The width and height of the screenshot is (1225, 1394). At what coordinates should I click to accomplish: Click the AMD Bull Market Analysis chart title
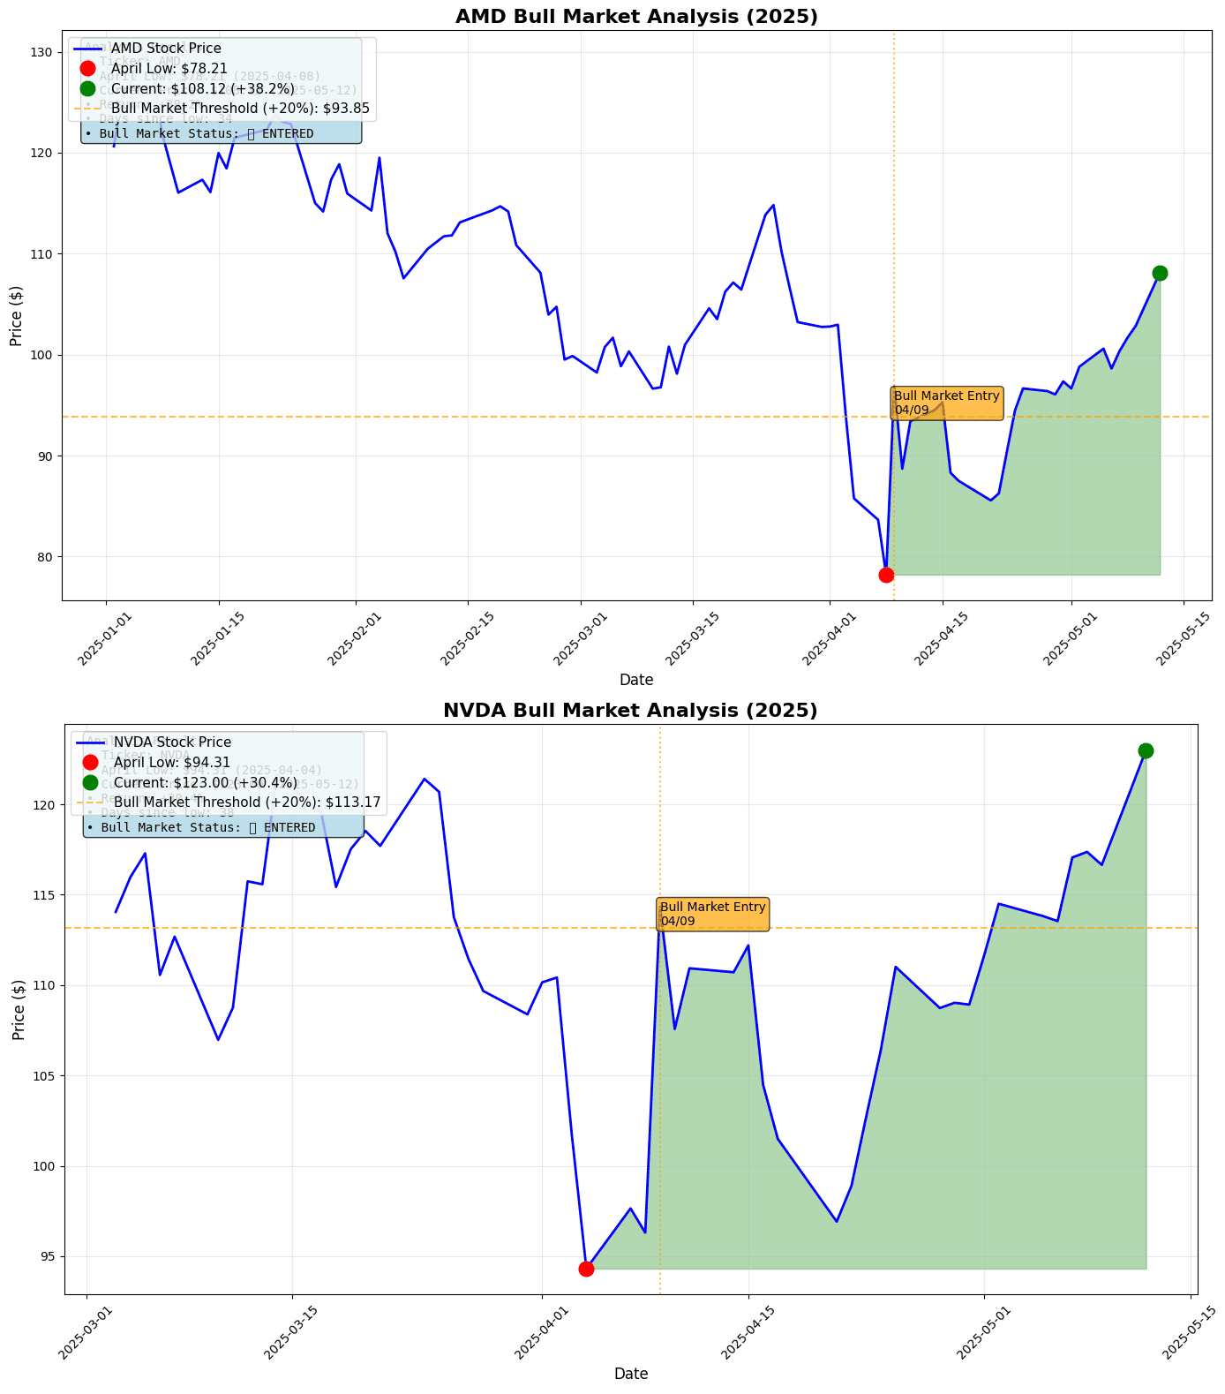[636, 17]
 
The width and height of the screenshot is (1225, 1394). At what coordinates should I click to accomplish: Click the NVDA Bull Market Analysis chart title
[630, 711]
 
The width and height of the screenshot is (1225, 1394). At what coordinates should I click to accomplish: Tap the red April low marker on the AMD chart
[886, 575]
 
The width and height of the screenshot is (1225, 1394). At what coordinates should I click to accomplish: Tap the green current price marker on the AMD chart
[1160, 273]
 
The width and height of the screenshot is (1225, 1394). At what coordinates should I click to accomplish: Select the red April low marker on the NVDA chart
[586, 1269]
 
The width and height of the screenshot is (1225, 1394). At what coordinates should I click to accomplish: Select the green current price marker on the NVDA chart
[1146, 750]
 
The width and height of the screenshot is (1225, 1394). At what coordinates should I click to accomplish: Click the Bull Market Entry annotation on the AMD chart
[946, 403]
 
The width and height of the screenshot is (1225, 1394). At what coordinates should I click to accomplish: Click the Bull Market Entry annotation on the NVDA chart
[713, 914]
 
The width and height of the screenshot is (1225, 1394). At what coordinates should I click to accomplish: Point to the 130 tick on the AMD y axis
[41, 53]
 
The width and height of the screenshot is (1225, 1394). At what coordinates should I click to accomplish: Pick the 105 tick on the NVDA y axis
[41, 1076]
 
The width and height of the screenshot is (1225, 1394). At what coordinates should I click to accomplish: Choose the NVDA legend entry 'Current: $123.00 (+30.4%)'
[206, 783]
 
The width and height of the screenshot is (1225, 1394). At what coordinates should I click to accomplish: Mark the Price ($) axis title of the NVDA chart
[19, 1009]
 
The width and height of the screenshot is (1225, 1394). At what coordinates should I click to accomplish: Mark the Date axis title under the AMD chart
[636, 680]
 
